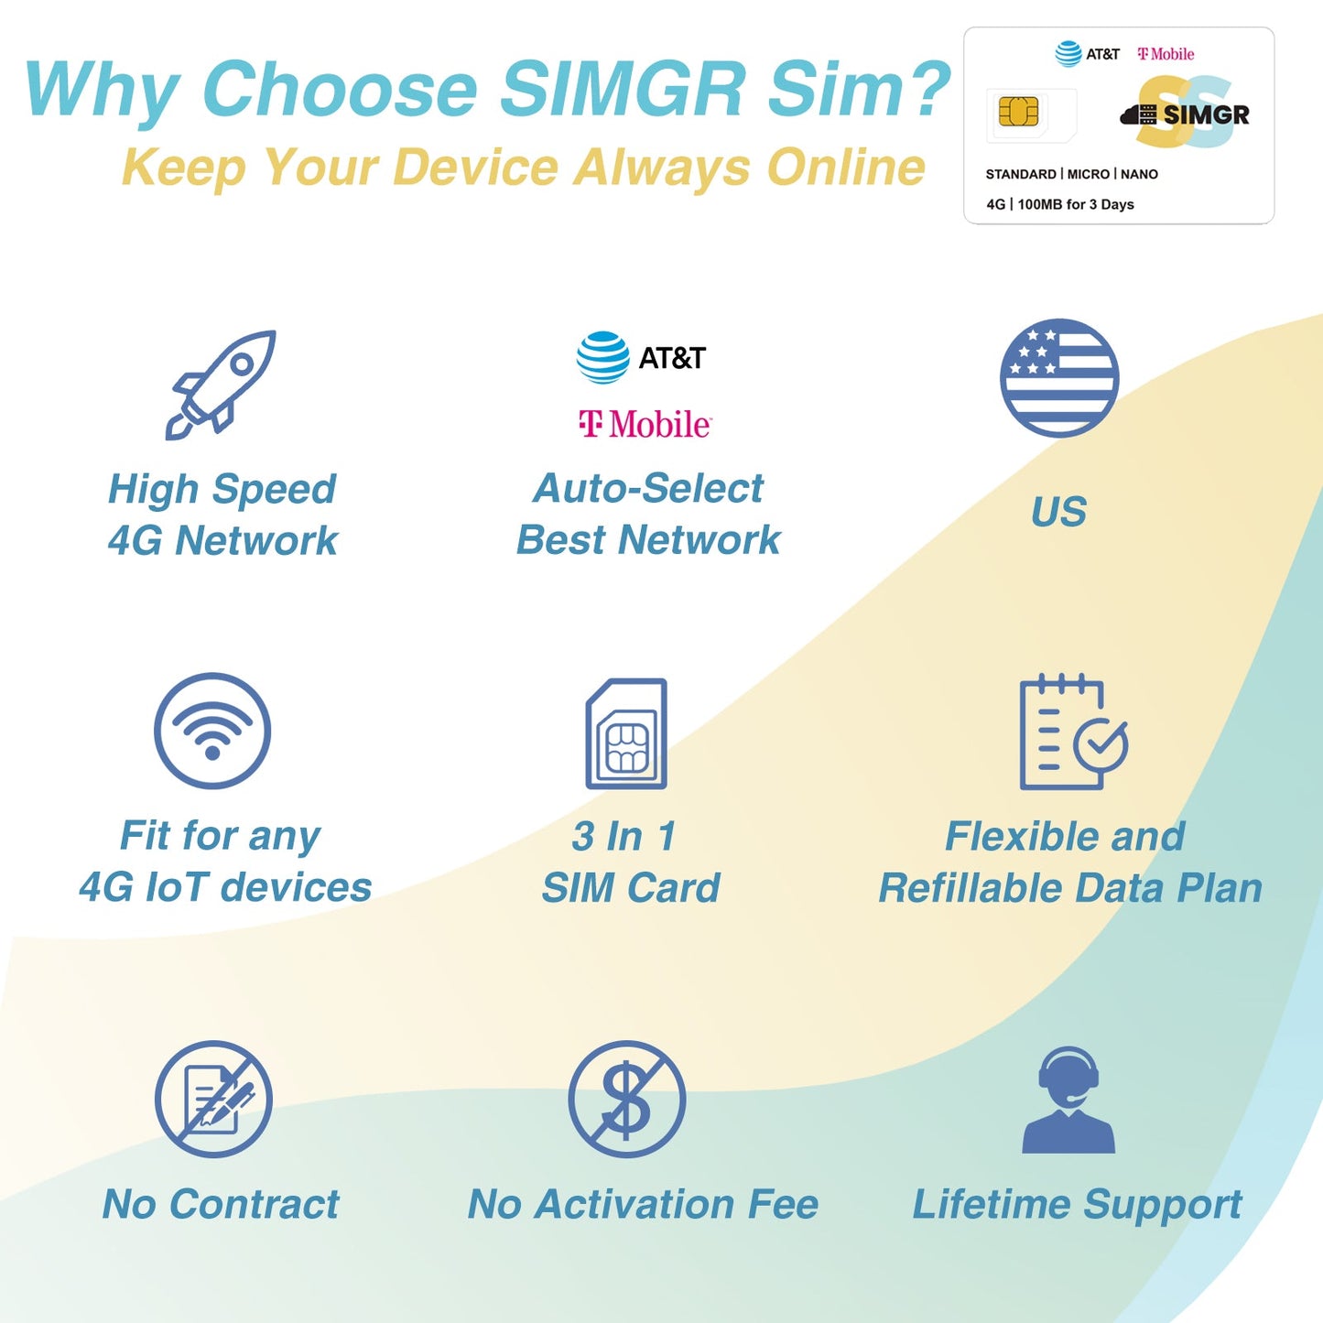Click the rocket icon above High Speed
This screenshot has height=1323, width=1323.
point(221,385)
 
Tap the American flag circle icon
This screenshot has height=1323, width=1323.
point(1059,378)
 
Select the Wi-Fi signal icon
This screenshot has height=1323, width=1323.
point(212,731)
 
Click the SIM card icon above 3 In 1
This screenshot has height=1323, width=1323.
point(626,733)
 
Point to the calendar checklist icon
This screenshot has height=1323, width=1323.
point(1072,732)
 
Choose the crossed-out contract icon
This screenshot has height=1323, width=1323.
point(213,1099)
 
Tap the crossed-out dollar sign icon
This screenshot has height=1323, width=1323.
point(626,1099)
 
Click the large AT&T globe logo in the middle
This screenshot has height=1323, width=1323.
point(603,357)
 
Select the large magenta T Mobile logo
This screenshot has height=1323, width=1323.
point(645,424)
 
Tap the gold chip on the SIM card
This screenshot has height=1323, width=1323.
point(1018,113)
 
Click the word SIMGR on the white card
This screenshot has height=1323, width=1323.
point(1206,114)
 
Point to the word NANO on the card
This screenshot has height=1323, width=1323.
point(1140,174)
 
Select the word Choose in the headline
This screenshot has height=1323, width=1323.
point(340,89)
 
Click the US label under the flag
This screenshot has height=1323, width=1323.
point(1058,512)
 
